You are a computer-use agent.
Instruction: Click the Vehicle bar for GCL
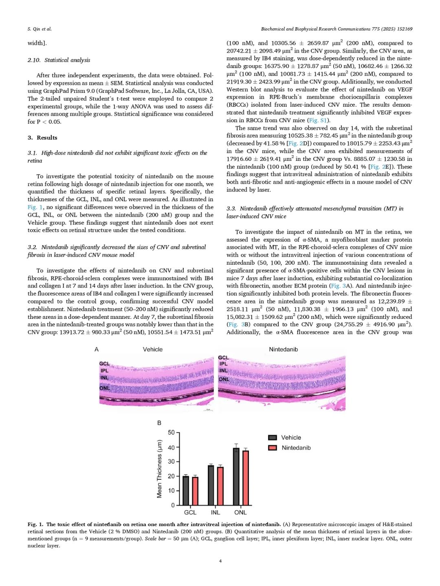pyautogui.click(x=186, y=490)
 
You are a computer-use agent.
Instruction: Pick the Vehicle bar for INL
pyautogui.click(x=211, y=485)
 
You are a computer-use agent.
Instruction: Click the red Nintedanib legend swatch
pyautogui.click(x=273, y=448)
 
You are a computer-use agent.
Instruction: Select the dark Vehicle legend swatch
pyautogui.click(x=273, y=438)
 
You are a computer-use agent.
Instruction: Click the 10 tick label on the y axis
pyautogui.click(x=171, y=491)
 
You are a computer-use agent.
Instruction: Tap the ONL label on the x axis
pyautogui.click(x=240, y=512)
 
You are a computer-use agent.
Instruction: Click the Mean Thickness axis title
pyautogui.click(x=159, y=468)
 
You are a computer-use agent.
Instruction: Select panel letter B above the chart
pyautogui.click(x=159, y=423)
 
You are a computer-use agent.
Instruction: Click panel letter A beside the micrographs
pyautogui.click(x=97, y=349)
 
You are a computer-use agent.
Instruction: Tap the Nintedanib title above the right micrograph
pyautogui.click(x=283, y=349)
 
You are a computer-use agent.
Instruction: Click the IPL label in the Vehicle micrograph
pyautogui.click(x=105, y=371)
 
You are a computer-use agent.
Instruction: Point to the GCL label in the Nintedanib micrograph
pyautogui.click(x=223, y=358)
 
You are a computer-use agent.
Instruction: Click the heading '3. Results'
pyautogui.click(x=42, y=138)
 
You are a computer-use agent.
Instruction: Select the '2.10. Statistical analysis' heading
pyautogui.click(x=59, y=60)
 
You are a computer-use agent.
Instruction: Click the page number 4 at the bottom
pyautogui.click(x=220, y=561)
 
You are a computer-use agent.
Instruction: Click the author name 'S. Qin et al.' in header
pyautogui.click(x=40, y=29)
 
